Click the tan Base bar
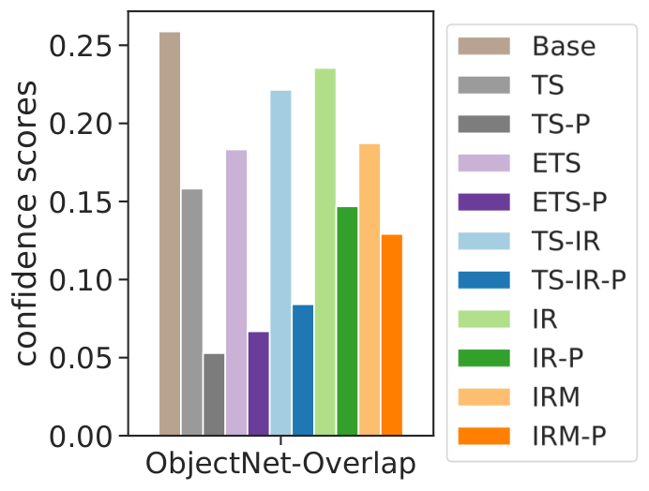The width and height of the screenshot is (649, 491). click(170, 233)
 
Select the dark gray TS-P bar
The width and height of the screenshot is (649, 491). click(214, 394)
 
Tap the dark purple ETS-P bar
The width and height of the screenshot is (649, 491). click(259, 383)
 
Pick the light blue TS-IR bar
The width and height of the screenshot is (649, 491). click(280, 263)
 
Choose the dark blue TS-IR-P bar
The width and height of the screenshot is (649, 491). click(303, 370)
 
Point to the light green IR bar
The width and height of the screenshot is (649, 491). click(325, 252)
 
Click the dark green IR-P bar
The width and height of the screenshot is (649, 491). click(347, 321)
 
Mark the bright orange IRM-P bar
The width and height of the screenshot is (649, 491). click(392, 335)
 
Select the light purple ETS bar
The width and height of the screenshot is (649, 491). click(236, 293)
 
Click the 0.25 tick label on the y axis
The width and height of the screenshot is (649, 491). click(81, 46)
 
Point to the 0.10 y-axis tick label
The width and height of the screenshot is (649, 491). click(81, 279)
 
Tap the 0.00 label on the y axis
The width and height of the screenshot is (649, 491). click(81, 437)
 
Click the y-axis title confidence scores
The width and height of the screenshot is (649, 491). click(25, 223)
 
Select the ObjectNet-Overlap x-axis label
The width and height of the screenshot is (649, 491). click(280, 464)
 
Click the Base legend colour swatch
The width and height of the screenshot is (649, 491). click(484, 46)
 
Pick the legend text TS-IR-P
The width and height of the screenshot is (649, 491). click(579, 280)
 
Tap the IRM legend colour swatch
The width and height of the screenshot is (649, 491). click(484, 397)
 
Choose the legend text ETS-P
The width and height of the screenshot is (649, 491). click(569, 201)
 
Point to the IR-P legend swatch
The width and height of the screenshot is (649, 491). click(484, 358)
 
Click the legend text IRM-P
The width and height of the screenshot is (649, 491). click(569, 436)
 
